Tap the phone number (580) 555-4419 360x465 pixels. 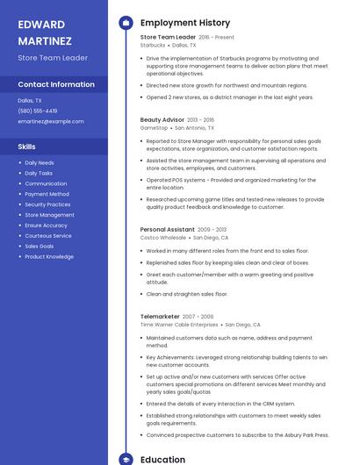coord(38,111)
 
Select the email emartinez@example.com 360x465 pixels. coord(45,121)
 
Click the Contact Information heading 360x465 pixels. coord(56,84)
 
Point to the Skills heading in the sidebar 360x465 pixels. coord(27,147)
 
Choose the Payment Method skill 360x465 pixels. coord(47,194)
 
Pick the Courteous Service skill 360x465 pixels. coord(48,236)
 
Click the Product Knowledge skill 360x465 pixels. coord(49,257)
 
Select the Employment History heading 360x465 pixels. coord(185,23)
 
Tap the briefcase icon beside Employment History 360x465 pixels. coord(125,23)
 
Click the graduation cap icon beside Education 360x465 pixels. coord(125,459)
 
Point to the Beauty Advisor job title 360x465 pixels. coord(162,119)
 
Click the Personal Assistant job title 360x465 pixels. coord(167,229)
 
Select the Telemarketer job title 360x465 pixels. coord(160,316)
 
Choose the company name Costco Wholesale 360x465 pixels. coord(163,237)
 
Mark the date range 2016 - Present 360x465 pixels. coord(217,38)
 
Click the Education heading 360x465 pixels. coord(163,459)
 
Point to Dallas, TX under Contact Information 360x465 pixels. coord(30,101)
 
